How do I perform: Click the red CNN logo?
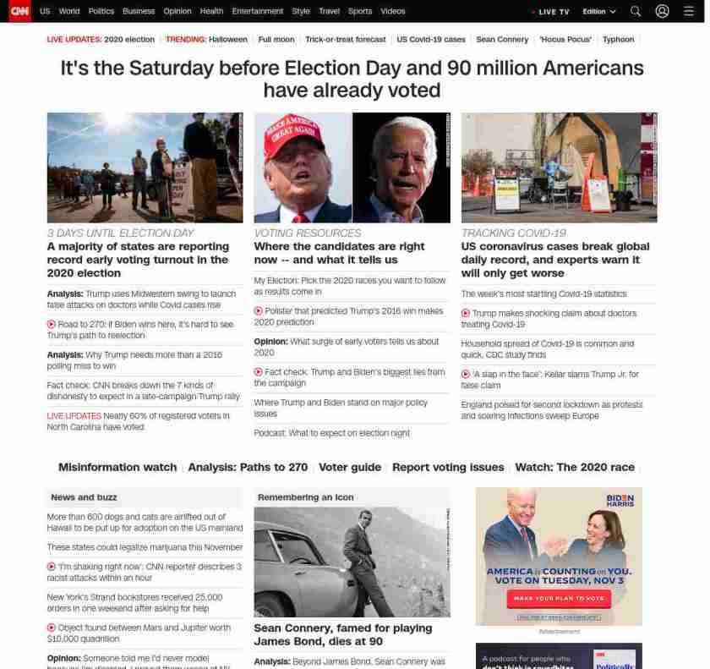click(19, 11)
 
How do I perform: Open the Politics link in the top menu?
click(101, 12)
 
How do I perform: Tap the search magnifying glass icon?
click(636, 12)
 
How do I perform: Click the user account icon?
click(662, 12)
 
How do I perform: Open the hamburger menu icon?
click(689, 12)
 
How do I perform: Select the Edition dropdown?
click(598, 12)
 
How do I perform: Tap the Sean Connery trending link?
click(502, 40)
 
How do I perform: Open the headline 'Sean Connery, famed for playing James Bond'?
click(342, 634)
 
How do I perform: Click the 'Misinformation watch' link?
click(117, 468)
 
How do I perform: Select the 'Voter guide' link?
click(350, 468)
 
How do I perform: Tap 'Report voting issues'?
click(448, 468)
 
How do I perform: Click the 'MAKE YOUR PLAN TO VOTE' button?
click(559, 598)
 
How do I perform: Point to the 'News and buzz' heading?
click(84, 497)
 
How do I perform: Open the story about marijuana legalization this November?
click(145, 547)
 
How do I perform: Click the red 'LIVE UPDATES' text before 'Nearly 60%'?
click(74, 416)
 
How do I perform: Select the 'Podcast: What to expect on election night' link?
click(331, 433)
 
